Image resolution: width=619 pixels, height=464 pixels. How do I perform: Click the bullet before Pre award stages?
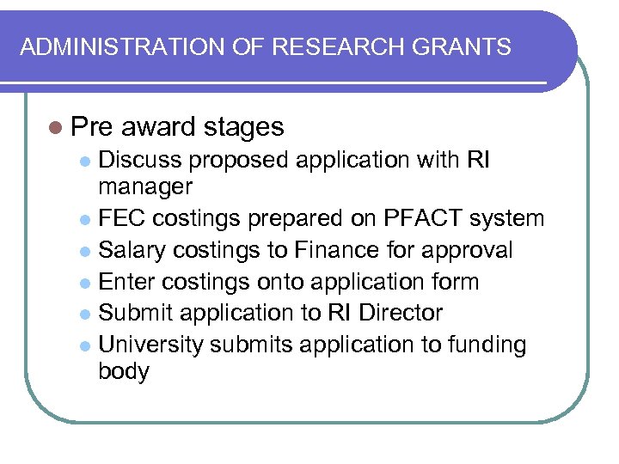click(56, 128)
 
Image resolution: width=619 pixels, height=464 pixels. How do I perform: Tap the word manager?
click(146, 186)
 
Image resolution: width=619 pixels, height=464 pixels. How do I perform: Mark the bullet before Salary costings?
click(84, 251)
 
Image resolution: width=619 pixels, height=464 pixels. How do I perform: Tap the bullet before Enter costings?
click(84, 283)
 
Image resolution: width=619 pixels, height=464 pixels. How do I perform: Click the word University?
click(152, 345)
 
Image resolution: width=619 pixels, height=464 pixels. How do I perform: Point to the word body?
click(125, 372)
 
